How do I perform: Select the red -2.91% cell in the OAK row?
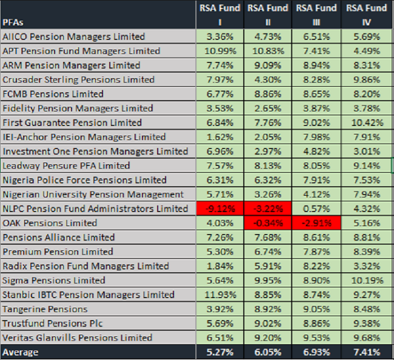(317, 223)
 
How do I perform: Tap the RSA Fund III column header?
(317, 14)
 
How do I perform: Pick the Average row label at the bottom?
(21, 352)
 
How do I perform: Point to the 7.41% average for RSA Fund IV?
(367, 352)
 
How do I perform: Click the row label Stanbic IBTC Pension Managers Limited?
(88, 295)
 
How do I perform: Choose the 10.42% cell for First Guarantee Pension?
(367, 123)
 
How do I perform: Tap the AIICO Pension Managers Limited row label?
(74, 37)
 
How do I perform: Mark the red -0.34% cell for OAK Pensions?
(268, 223)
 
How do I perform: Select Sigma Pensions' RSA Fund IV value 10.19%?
(367, 281)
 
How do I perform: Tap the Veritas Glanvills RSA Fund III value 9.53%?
(317, 338)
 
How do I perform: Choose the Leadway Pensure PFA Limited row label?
(66, 165)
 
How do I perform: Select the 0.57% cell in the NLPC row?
(317, 209)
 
